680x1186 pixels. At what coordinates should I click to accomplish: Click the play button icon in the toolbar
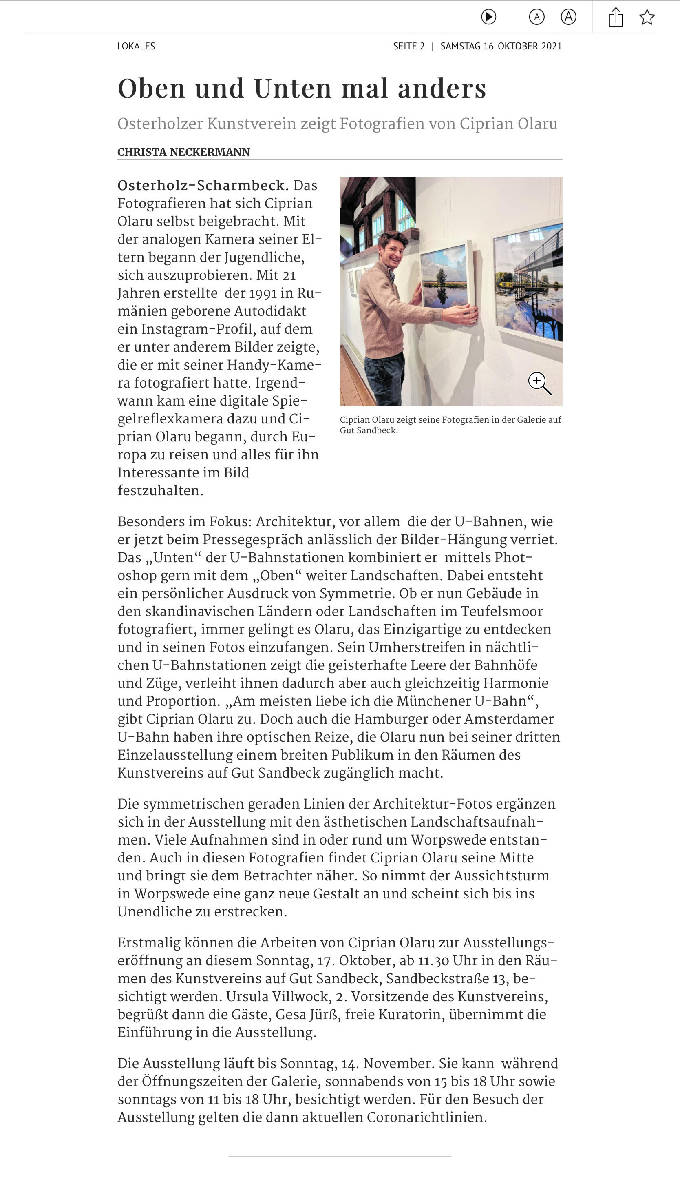(488, 17)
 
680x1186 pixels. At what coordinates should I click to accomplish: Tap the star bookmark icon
(647, 17)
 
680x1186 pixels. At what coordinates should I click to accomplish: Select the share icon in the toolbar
(616, 17)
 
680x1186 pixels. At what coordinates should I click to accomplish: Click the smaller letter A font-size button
(536, 17)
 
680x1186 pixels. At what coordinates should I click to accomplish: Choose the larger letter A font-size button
(568, 17)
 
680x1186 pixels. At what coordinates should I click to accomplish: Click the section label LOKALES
(136, 46)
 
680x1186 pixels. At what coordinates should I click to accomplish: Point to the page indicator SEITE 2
(408, 46)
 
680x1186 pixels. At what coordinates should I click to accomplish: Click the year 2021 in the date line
(551, 46)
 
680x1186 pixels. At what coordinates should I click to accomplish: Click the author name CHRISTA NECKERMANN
(183, 152)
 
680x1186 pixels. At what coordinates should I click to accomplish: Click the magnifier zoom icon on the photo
(539, 383)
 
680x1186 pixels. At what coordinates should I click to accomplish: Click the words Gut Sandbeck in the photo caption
(369, 430)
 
